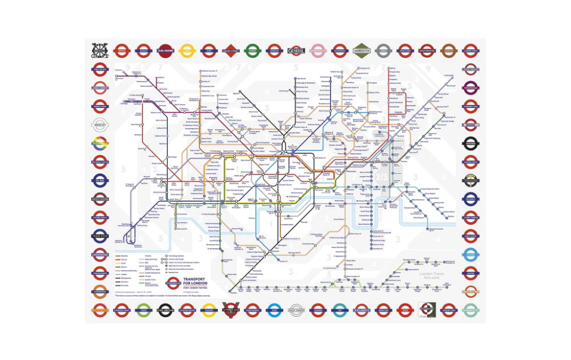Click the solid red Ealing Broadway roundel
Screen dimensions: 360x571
tap(164, 50)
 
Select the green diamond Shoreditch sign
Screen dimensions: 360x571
tap(361, 50)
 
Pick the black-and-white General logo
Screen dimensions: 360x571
tap(296, 50)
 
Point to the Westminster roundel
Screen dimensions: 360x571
tap(427, 50)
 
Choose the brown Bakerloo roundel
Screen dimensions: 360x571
tap(449, 50)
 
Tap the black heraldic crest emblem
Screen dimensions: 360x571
tap(99, 50)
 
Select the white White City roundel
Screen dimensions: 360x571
tap(99, 125)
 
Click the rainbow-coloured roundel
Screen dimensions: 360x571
tap(99, 143)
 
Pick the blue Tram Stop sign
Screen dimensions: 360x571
tap(99, 235)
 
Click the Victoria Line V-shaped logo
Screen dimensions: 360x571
tap(231, 310)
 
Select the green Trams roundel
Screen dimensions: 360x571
tap(143, 310)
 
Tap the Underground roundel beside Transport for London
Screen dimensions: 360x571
tap(173, 283)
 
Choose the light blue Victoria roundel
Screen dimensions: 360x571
tap(471, 254)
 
